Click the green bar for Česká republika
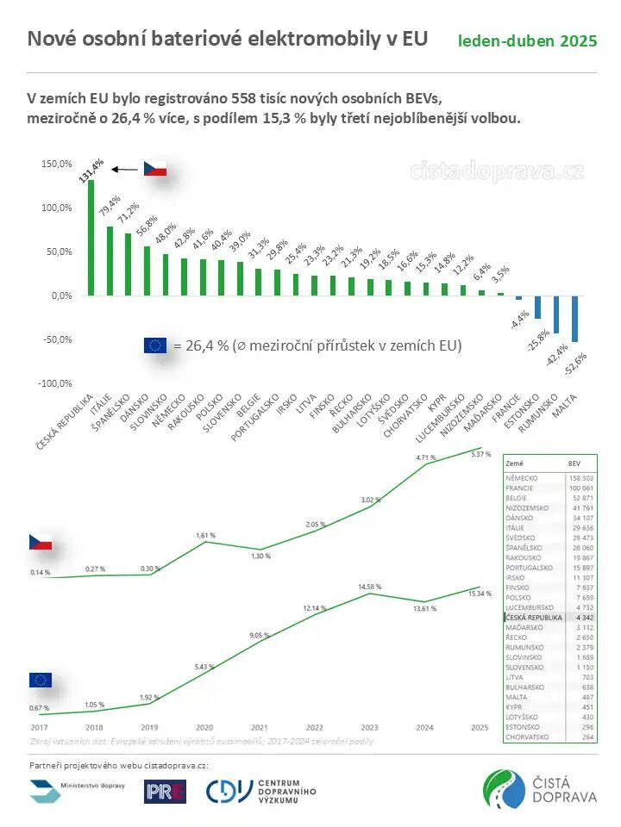point(91,237)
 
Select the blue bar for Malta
point(574,319)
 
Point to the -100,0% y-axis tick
point(53,383)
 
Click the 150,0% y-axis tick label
point(56,164)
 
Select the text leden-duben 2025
point(527,40)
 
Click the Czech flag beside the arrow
point(154,168)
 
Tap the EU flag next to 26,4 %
point(155,345)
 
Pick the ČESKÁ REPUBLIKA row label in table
point(534,618)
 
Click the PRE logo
point(165,791)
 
